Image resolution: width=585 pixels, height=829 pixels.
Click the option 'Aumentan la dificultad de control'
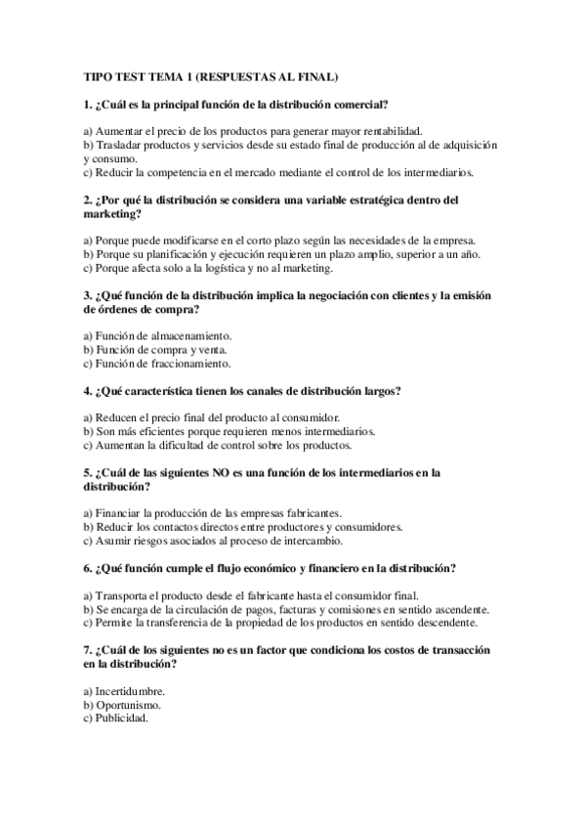(218, 445)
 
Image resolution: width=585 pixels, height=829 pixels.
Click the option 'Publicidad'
(117, 718)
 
